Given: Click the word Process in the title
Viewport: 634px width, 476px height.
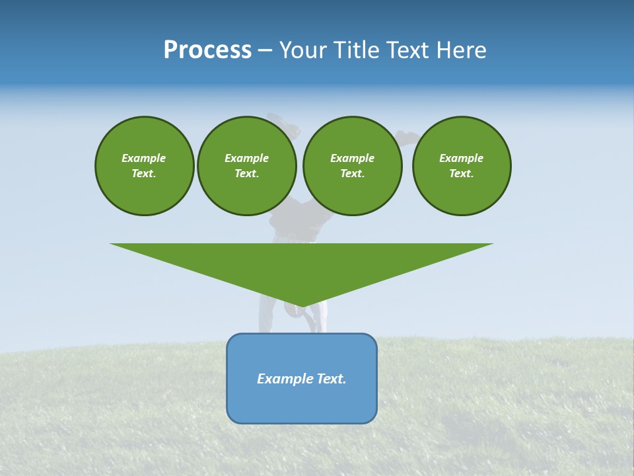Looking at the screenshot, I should click(207, 50).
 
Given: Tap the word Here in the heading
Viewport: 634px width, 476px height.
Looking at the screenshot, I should click(462, 50).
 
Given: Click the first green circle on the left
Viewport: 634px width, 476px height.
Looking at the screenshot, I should click(144, 166).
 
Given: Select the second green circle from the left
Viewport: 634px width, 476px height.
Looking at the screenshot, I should click(246, 166).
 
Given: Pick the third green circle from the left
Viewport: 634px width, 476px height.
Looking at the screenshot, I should click(352, 166).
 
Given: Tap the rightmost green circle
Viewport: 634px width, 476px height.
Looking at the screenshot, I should click(461, 166).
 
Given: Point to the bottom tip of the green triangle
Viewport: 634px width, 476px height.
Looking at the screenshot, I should click(301, 305).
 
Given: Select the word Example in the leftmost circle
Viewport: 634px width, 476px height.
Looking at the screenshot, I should click(144, 158).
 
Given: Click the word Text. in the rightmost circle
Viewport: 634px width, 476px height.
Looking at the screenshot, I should click(461, 174).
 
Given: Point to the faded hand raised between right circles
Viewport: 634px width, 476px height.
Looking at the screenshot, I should click(407, 138).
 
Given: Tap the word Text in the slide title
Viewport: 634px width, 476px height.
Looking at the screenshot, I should click(407, 50).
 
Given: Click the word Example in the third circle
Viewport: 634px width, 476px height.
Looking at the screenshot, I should click(352, 158).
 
